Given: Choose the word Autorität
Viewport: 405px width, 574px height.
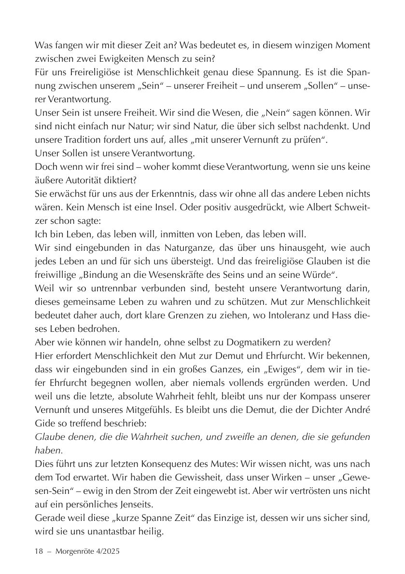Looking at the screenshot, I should pos(82,180).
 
